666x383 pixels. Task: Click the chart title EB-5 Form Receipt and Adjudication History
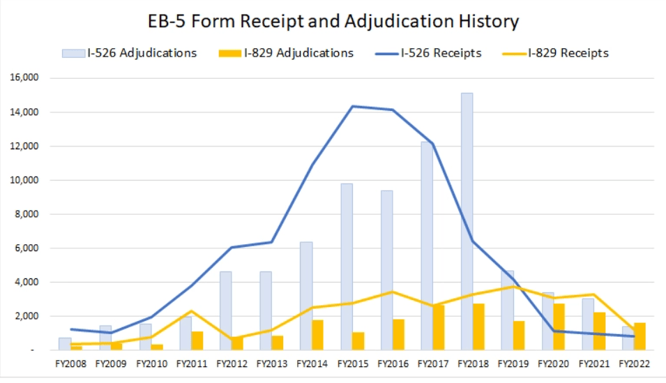click(333, 21)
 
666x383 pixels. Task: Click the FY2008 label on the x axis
click(70, 363)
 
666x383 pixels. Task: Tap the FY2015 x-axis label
click(352, 363)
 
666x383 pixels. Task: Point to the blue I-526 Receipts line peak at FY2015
click(352, 106)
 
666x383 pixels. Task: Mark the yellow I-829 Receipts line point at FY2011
click(191, 311)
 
